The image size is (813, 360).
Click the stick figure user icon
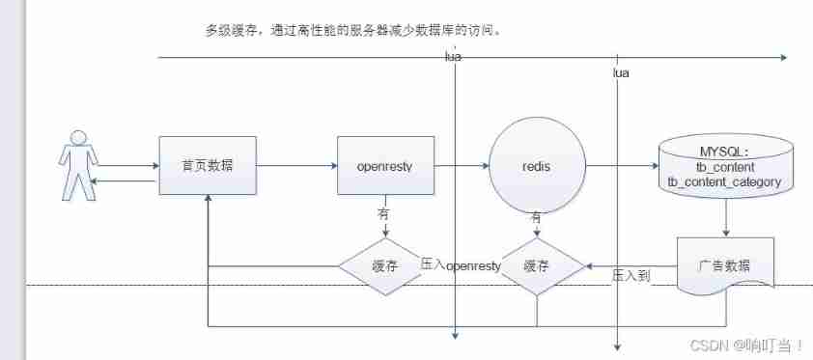click(x=78, y=169)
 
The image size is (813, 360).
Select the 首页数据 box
click(x=207, y=166)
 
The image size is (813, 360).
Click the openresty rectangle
click(x=384, y=166)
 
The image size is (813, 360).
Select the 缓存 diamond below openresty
click(x=384, y=265)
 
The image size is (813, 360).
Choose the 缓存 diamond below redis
click(x=537, y=265)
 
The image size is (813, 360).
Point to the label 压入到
click(x=632, y=276)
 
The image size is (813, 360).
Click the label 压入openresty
click(x=462, y=264)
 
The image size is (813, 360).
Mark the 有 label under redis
click(x=537, y=217)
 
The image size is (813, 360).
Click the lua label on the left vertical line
click(x=452, y=57)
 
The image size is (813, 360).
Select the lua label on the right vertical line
click(x=622, y=73)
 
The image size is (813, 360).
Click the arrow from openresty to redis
click(x=461, y=166)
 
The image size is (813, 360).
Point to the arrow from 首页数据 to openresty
click(x=295, y=166)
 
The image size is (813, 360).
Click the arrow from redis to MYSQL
click(x=620, y=166)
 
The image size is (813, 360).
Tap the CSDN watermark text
click(x=755, y=344)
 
